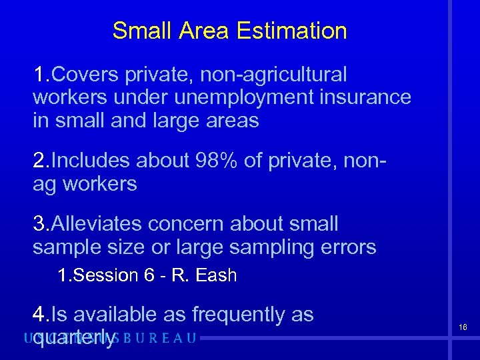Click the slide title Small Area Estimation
(229, 31)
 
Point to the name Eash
(216, 275)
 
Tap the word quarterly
(74, 337)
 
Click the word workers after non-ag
(99, 184)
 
